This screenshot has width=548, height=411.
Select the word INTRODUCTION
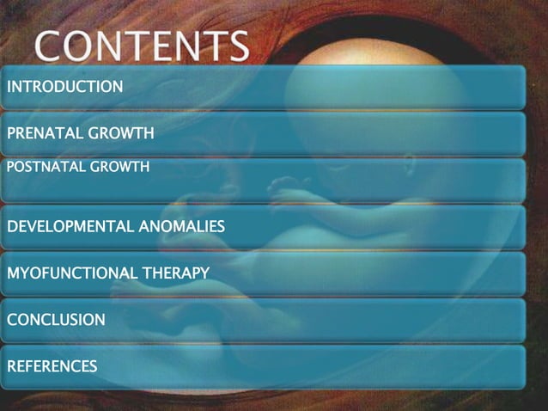tap(64, 86)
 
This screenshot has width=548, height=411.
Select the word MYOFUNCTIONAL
tap(71, 273)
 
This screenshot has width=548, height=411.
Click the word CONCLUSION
tap(56, 320)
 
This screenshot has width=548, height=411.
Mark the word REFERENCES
tap(52, 366)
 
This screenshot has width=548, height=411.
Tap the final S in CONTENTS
tap(237, 46)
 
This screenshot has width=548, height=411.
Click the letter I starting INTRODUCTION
tap(9, 86)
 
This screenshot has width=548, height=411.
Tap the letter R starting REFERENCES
tap(11, 366)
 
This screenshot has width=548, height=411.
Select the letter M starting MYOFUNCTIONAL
tap(12, 273)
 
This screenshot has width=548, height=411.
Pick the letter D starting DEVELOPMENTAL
tap(12, 227)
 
